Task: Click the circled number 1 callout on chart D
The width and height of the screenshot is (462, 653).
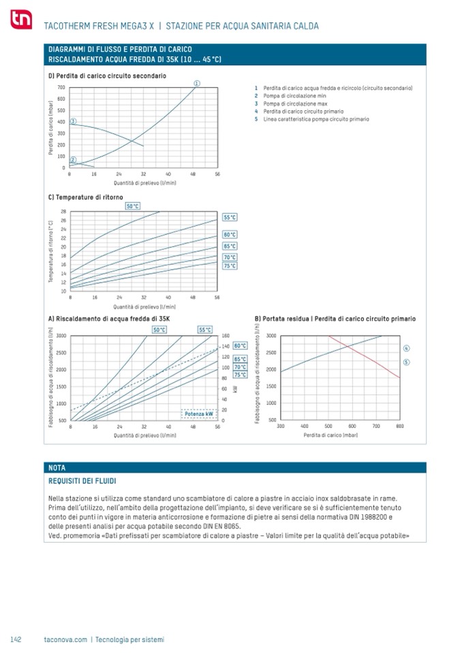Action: (x=196, y=83)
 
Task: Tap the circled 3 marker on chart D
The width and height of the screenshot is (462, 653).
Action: (x=74, y=121)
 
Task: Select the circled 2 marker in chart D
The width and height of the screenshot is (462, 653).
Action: (x=74, y=161)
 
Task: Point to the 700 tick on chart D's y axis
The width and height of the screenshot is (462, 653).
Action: (x=61, y=87)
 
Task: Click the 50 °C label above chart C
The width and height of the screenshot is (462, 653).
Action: (x=133, y=206)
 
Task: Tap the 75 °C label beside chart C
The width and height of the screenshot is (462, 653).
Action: (x=230, y=266)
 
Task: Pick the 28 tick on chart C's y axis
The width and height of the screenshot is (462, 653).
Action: (x=63, y=212)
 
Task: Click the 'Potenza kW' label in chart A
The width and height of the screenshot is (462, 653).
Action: (x=198, y=413)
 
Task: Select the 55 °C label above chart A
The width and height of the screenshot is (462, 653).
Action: (x=205, y=330)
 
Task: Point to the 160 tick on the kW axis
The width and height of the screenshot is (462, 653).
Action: (x=227, y=336)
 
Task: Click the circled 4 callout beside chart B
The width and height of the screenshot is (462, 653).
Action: (x=406, y=349)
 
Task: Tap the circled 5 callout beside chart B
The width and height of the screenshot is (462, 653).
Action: (x=406, y=362)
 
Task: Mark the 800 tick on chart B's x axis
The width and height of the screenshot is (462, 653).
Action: (x=400, y=426)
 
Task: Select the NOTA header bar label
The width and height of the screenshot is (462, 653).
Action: (x=57, y=468)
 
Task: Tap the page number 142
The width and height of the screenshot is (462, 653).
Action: (x=17, y=639)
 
